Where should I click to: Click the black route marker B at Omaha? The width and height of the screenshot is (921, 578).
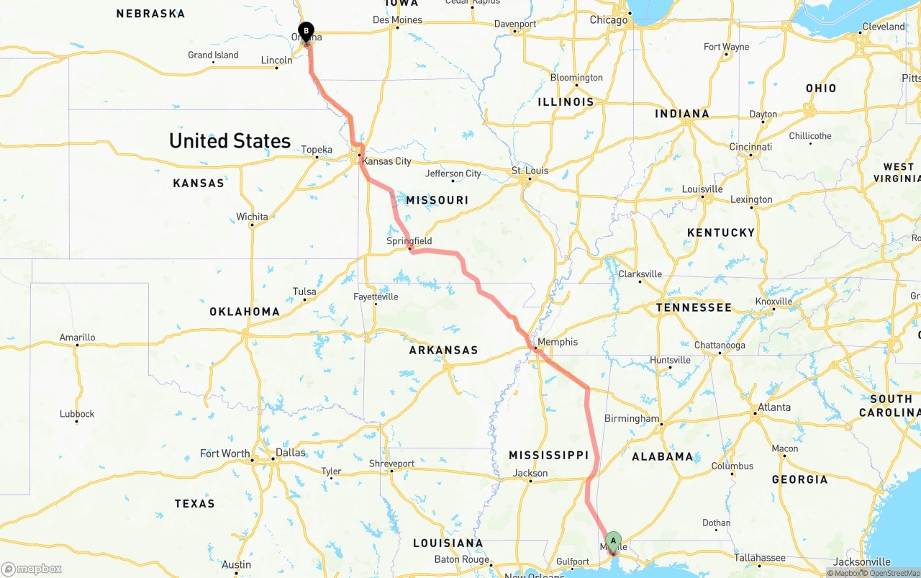click(306, 32)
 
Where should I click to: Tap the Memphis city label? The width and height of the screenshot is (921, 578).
click(558, 341)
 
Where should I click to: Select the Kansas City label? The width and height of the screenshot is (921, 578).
click(386, 161)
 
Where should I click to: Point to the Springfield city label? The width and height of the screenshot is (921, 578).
click(409, 240)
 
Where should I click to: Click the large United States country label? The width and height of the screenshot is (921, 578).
click(230, 140)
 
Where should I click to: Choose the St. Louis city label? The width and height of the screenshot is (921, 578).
click(530, 171)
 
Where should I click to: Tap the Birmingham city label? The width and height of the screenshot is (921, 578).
click(632, 418)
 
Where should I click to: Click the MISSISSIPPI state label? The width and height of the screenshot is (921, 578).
click(548, 455)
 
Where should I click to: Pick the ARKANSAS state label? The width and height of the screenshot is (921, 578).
click(443, 350)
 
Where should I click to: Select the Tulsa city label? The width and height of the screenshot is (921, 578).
click(304, 292)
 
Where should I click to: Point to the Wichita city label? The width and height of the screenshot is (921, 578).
click(252, 217)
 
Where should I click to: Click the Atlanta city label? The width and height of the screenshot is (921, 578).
click(774, 407)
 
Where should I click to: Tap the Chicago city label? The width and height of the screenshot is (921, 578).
click(609, 20)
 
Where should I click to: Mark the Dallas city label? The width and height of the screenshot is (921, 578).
click(290, 453)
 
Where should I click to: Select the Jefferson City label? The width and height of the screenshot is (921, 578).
click(453, 173)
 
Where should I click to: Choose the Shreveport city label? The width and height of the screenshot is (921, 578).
click(391, 464)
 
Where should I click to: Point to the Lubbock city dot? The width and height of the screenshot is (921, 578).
click(77, 422)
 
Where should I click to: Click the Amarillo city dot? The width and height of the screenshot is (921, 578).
click(77, 346)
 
